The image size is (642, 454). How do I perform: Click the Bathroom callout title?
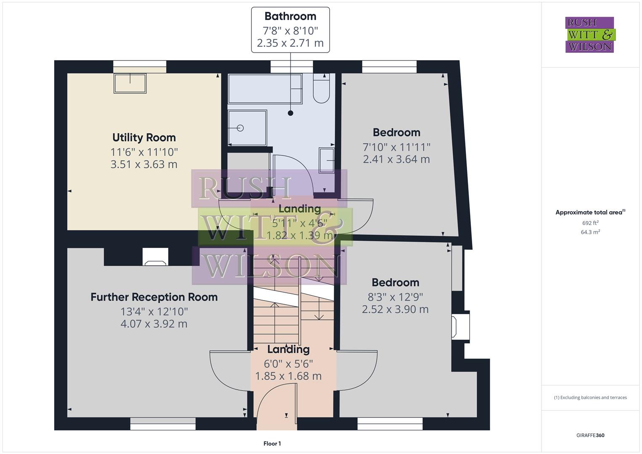(x=290, y=16)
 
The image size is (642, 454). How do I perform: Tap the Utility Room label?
(x=144, y=137)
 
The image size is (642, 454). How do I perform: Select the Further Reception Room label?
(x=154, y=297)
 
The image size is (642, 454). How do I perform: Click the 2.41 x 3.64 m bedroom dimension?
(x=396, y=159)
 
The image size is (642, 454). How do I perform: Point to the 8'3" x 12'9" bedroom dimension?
(x=395, y=297)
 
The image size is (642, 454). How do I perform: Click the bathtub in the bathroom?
(x=265, y=89)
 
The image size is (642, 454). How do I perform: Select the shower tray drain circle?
(x=240, y=128)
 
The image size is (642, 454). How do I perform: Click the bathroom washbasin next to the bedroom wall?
(x=327, y=160)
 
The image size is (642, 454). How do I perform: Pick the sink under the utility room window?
(x=130, y=83)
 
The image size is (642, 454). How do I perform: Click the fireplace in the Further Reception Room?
(x=155, y=257)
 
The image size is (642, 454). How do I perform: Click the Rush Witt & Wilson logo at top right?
(x=589, y=35)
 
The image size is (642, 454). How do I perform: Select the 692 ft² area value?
(x=590, y=223)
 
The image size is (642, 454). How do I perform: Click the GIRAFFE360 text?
(x=590, y=435)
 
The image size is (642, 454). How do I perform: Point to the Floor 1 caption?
(x=272, y=443)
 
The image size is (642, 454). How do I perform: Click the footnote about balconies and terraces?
(x=590, y=397)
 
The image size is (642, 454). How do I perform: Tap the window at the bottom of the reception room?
(x=163, y=424)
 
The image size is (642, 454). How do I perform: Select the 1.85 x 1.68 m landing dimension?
(x=288, y=376)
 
